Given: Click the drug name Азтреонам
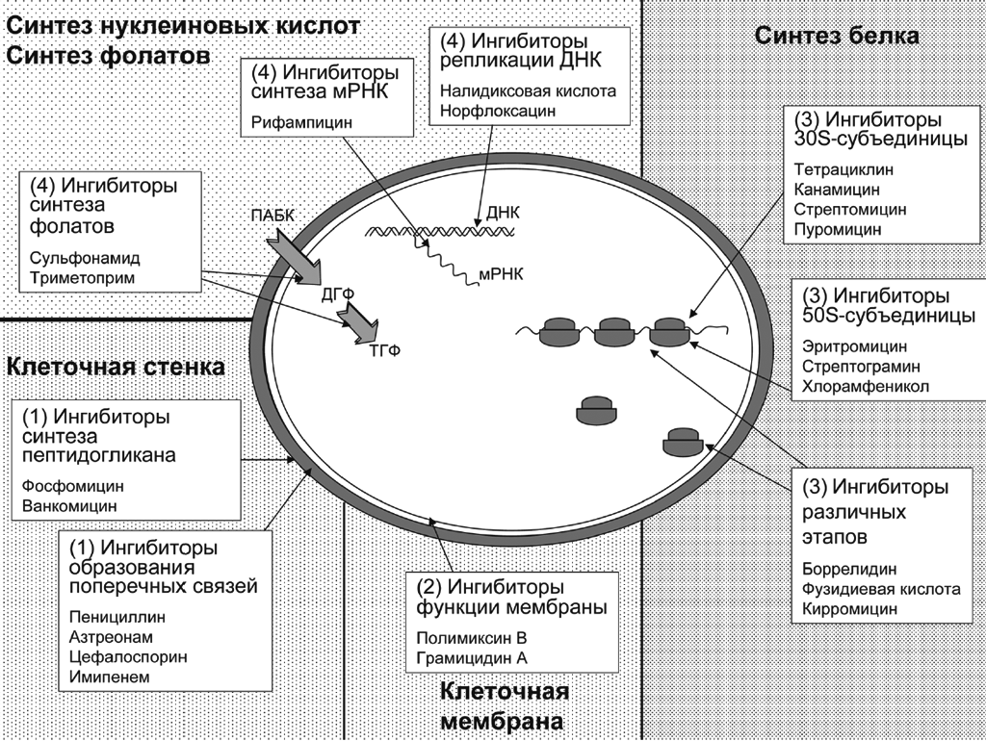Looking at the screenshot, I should (111, 636).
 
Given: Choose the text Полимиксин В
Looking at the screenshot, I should (472, 637).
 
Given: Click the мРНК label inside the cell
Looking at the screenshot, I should (500, 274).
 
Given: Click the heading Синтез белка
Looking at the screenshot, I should (836, 36).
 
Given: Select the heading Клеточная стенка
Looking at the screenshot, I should (116, 367).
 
